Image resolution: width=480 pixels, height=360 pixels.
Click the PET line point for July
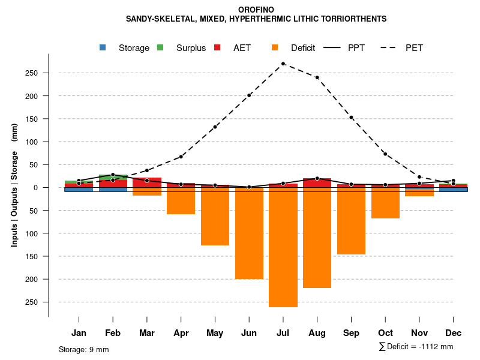[x=283, y=64]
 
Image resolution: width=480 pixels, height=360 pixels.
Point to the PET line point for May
[x=215, y=127]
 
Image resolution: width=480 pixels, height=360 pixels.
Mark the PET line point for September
[x=351, y=118]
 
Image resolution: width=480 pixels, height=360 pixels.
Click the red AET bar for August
[x=317, y=183]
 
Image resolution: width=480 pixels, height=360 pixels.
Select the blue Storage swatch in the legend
[x=103, y=47]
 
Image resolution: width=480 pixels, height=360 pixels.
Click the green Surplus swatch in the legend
[x=160, y=47]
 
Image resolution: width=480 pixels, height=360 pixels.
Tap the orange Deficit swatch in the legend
[x=275, y=47]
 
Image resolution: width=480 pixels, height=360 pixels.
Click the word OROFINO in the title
[x=256, y=10]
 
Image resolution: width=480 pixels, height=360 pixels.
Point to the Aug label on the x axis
[x=317, y=332]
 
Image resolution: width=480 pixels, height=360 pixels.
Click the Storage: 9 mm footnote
[x=84, y=349]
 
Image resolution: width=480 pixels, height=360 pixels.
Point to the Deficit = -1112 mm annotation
[x=416, y=346]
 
